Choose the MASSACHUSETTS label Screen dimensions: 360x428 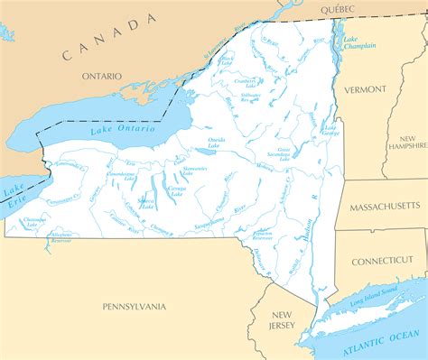(384, 207)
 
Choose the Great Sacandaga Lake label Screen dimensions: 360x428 (285, 155)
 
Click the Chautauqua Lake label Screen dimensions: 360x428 (34, 220)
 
